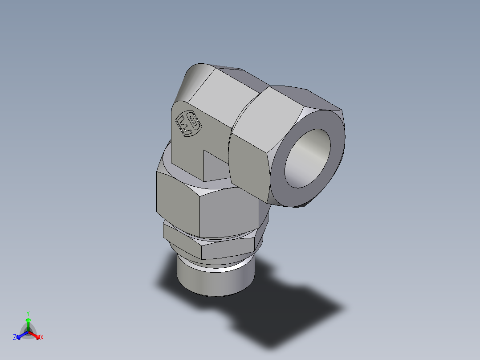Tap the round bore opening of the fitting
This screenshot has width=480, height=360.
(307, 158)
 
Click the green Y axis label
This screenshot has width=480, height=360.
(28, 313)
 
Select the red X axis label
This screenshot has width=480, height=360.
(42, 338)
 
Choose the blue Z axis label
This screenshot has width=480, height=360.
(15, 338)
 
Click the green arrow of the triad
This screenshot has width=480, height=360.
(28, 323)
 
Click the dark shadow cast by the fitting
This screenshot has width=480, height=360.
(285, 312)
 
